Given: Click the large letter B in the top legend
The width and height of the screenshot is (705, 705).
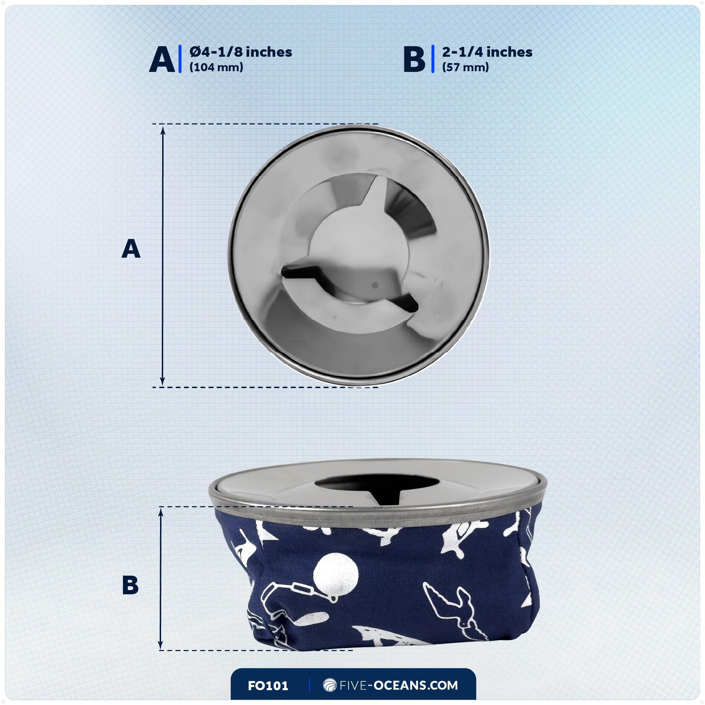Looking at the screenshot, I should tap(414, 60).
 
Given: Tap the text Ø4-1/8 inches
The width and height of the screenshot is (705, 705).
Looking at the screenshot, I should tap(241, 52).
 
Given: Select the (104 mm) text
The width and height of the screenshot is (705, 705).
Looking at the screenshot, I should tap(216, 67).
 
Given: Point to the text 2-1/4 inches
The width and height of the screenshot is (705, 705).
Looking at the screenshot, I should tap(487, 52).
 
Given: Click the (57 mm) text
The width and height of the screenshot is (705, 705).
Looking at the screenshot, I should tap(465, 67).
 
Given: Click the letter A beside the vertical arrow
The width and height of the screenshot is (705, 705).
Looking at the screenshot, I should tap(131, 249).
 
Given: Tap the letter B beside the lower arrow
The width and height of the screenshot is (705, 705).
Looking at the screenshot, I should tap(130, 585).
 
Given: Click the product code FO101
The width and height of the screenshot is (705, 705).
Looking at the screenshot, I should tap(268, 686).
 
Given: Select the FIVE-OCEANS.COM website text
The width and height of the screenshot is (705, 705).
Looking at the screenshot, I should tap(398, 685).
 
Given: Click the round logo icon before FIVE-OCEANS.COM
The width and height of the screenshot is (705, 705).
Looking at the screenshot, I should tap(330, 685).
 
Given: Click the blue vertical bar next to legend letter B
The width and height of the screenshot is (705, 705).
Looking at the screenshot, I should tap(433, 59).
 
